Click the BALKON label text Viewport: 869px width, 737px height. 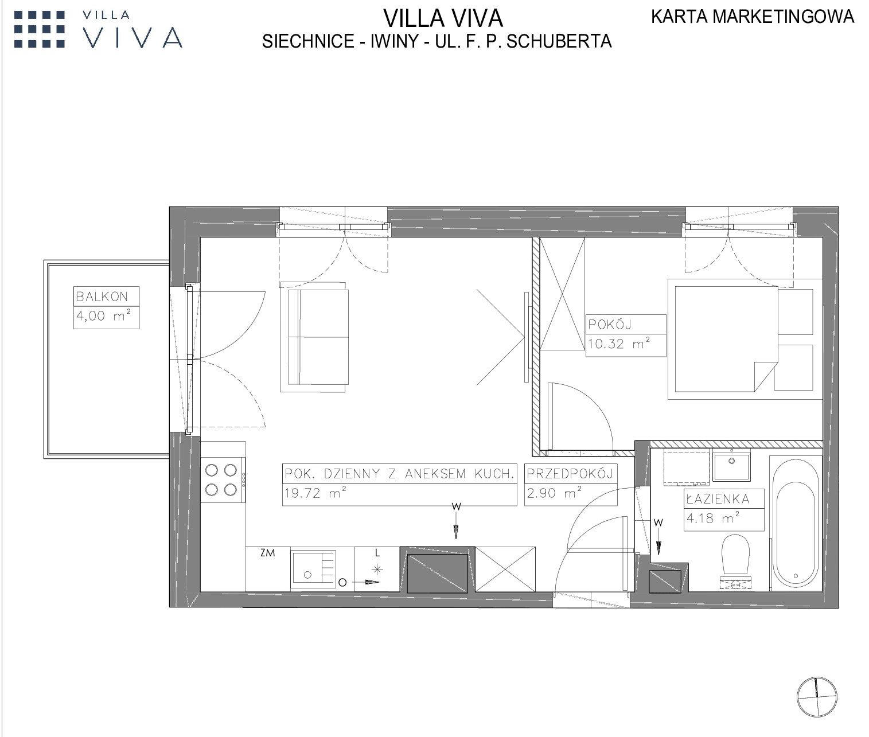click(x=102, y=297)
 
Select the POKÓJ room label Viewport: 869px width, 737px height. click(x=610, y=324)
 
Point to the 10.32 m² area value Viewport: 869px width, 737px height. click(x=619, y=344)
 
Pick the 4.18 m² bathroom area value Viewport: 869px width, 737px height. click(x=713, y=517)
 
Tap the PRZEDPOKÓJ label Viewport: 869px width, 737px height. click(x=570, y=474)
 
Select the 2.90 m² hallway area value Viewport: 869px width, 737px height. click(x=554, y=492)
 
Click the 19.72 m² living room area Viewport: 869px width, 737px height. click(x=315, y=492)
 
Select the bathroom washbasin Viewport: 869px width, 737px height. click(x=731, y=465)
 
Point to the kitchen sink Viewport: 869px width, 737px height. click(x=313, y=570)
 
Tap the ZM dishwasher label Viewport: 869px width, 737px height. click(x=268, y=553)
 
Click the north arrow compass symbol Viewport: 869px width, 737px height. click(x=816, y=697)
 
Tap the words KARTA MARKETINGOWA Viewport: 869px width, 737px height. click(x=753, y=17)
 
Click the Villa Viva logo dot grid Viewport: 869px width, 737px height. click(x=40, y=29)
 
